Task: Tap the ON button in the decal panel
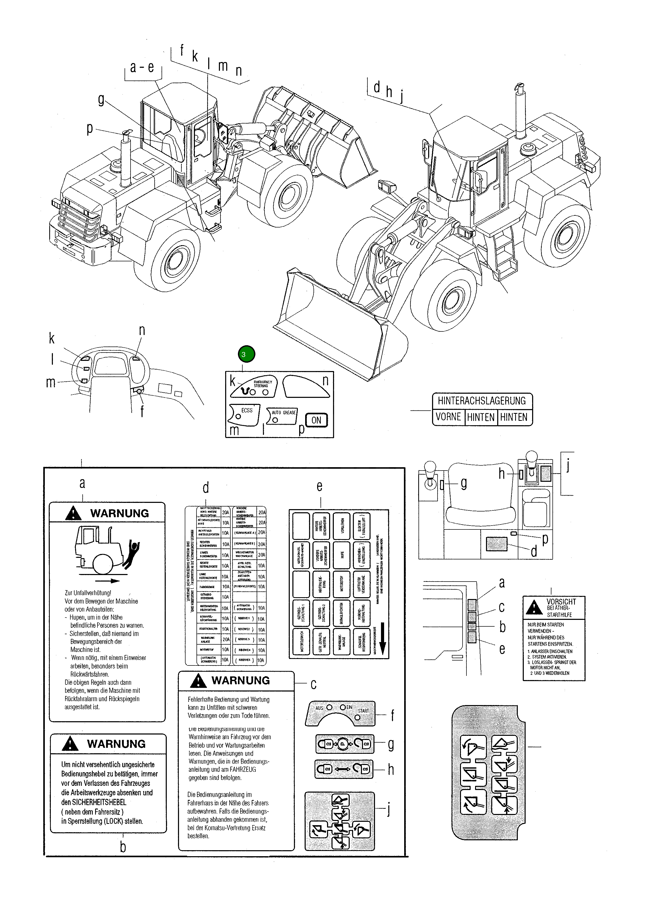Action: pos(316,420)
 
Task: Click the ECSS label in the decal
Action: pos(247,410)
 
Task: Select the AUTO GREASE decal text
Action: pos(284,412)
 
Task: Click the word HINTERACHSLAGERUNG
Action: pos(482,401)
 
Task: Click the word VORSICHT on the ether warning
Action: pos(561,602)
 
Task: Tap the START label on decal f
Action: pos(363,711)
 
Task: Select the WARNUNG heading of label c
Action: pos(240,681)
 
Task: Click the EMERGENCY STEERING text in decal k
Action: pos(263,384)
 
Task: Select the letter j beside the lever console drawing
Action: pos(568,465)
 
